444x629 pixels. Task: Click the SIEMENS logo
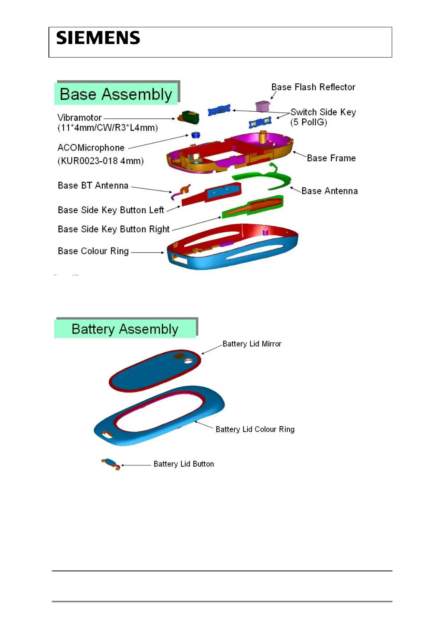98,38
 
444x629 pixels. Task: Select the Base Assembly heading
116,94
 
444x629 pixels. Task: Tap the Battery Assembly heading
125,329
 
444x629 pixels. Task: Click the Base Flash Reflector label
313,87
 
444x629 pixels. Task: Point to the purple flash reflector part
262,106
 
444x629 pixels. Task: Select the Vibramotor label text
79,118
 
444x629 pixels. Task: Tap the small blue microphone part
196,135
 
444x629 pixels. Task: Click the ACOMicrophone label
91,148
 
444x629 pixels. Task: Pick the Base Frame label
331,158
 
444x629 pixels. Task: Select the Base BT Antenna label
93,186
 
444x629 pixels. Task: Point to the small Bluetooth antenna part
181,192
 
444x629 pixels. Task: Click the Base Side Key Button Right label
113,229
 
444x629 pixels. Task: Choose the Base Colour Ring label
93,251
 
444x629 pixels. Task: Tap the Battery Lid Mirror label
252,344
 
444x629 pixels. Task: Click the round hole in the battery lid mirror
188,361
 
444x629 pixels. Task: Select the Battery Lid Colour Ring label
255,430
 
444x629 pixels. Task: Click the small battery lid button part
111,464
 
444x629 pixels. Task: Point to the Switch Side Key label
323,112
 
